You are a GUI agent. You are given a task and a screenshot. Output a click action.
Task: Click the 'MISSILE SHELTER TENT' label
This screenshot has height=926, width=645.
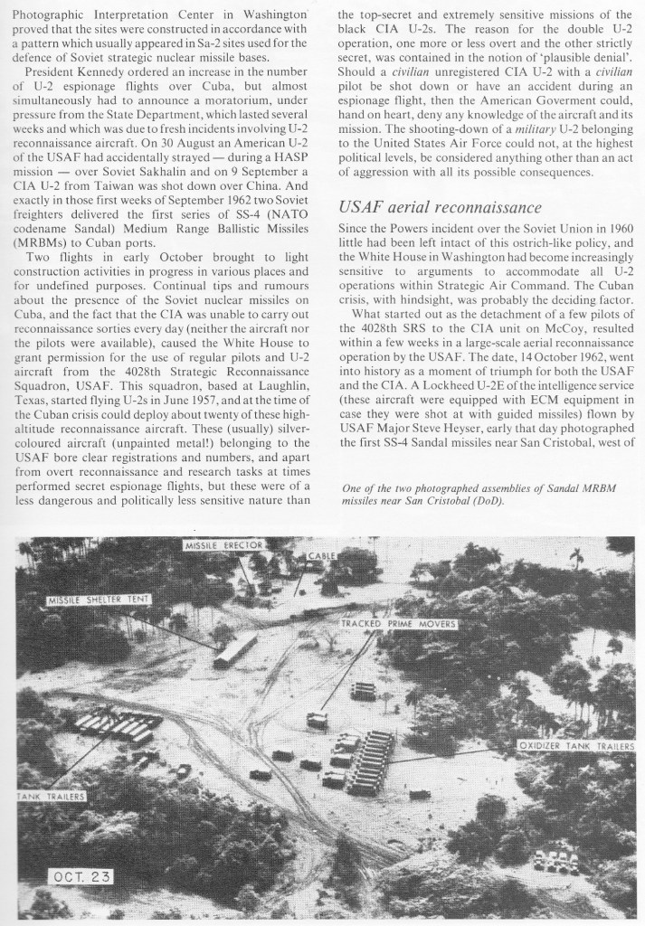(x=100, y=600)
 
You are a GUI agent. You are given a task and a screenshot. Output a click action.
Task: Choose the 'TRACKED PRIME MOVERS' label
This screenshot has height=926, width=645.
(x=399, y=624)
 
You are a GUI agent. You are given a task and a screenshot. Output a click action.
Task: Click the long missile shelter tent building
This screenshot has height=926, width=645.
(x=235, y=649)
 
